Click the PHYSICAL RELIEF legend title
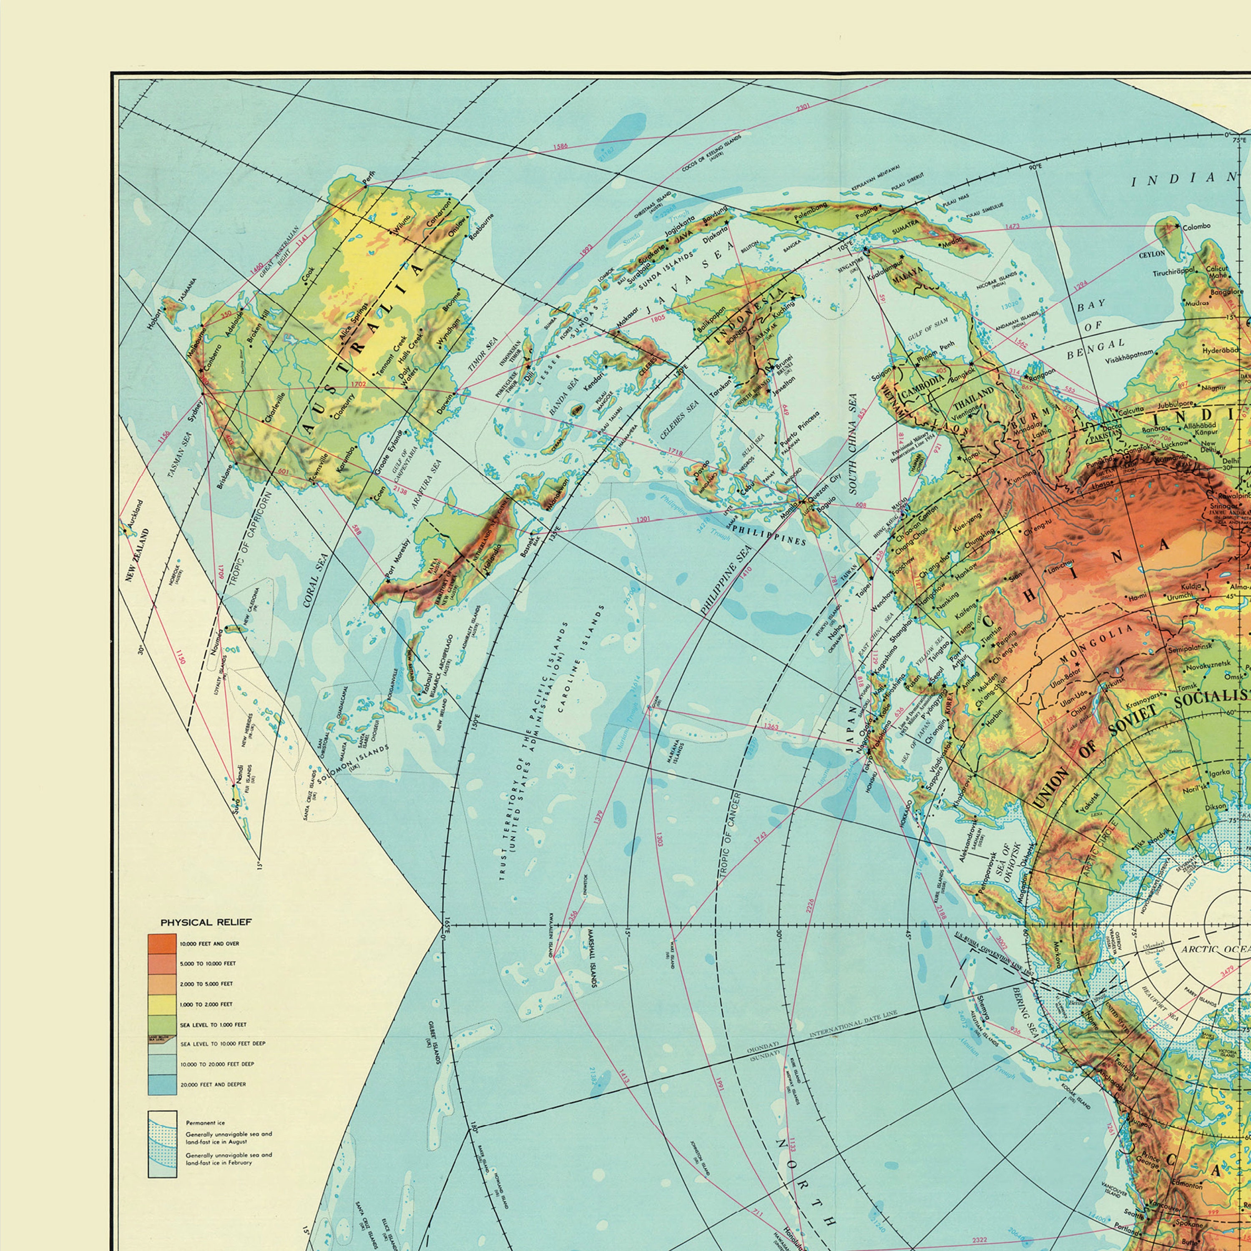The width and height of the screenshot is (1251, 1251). pos(206,922)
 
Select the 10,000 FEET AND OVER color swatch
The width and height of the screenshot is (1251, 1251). pos(162,943)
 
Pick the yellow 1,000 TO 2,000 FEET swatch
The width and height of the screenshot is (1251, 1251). pos(162,1004)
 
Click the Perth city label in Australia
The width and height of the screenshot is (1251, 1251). pos(369,176)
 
